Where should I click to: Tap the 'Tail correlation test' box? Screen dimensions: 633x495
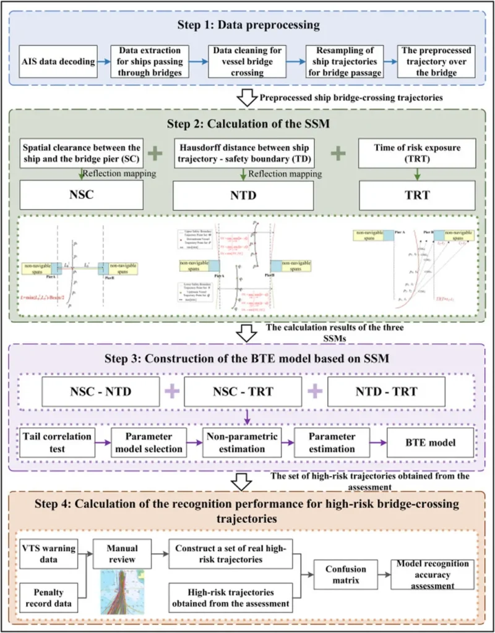[54, 441]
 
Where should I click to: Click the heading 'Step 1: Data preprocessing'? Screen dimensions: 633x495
[247, 25]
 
